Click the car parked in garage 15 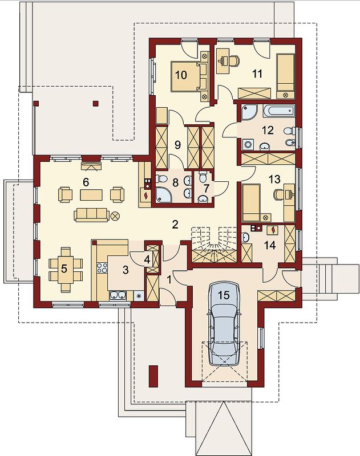tap(224, 323)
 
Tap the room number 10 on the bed tap(181, 75)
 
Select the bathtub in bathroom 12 tap(279, 111)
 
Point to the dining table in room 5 tap(66, 269)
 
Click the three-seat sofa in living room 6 tap(91, 215)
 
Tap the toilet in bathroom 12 tap(289, 132)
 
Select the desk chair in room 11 tap(234, 60)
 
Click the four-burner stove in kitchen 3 tap(102, 268)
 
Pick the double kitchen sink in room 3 tap(118, 295)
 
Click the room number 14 tap(270, 245)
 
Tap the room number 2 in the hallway tap(175, 225)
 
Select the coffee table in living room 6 tap(91, 195)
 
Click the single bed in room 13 tap(252, 203)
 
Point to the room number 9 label tap(178, 145)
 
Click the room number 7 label tap(206, 188)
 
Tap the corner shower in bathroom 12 tap(249, 112)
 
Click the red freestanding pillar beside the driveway tap(153, 376)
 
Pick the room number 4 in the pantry tap(147, 259)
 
